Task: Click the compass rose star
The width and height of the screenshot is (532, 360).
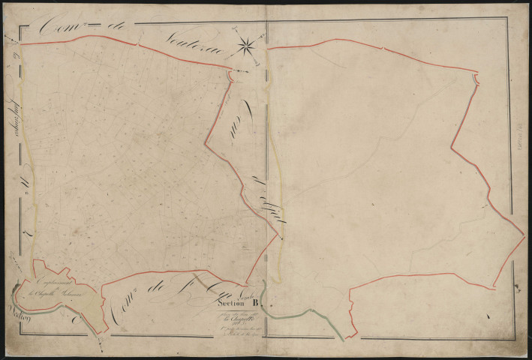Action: (246, 46)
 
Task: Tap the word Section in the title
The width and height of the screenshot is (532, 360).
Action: (229, 304)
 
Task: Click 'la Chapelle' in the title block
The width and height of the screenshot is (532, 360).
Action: (231, 318)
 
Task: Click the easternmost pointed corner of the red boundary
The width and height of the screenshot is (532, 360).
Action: (524, 240)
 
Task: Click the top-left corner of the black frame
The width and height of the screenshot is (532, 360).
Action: (20, 28)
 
